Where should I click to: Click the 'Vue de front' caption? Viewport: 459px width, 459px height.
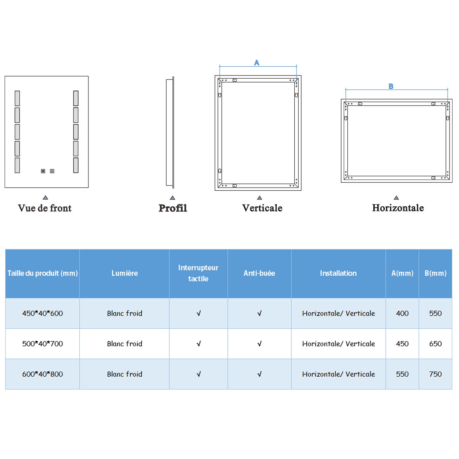coord(45,208)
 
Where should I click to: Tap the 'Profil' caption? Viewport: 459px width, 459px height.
coord(173,208)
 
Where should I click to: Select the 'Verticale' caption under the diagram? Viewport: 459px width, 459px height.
coord(262,208)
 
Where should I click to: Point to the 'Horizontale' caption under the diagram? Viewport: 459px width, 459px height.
coord(398,208)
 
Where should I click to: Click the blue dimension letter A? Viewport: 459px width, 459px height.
coord(257,63)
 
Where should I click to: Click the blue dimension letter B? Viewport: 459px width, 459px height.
coord(391,86)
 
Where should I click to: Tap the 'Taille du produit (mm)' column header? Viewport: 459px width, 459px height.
coord(43,273)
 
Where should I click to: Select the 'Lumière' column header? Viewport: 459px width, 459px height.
coord(125,273)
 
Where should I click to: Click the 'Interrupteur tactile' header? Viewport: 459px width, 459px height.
coord(198,273)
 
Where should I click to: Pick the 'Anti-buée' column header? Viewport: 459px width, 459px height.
coord(259,273)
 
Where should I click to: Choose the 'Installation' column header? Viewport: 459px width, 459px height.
coord(338,273)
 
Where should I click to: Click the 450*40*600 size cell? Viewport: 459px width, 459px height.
coord(43,313)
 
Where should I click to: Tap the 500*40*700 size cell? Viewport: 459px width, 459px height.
coord(43,344)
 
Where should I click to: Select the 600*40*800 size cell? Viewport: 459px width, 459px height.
coord(43,374)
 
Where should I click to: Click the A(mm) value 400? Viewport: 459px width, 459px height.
coord(402,313)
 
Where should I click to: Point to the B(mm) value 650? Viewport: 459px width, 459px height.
coord(435,344)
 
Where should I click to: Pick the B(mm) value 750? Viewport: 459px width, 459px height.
coord(435,374)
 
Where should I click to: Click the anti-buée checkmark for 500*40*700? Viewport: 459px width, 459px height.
coord(259,344)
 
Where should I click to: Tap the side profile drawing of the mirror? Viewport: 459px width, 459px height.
coord(170,132)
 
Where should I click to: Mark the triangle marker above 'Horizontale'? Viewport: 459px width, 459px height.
coord(396,198)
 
